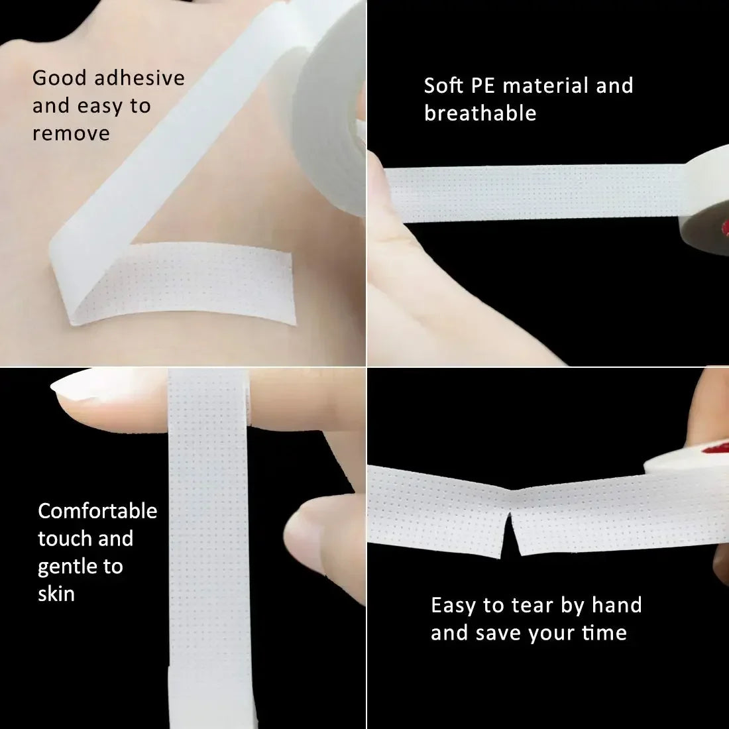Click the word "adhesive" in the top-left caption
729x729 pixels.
[139, 78]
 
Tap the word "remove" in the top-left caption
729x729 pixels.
[71, 133]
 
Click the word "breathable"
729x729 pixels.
[480, 113]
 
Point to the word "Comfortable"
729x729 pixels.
[97, 511]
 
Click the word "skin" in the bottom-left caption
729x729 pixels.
[56, 594]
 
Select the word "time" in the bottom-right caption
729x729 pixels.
[604, 633]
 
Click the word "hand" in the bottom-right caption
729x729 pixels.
[616, 605]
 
